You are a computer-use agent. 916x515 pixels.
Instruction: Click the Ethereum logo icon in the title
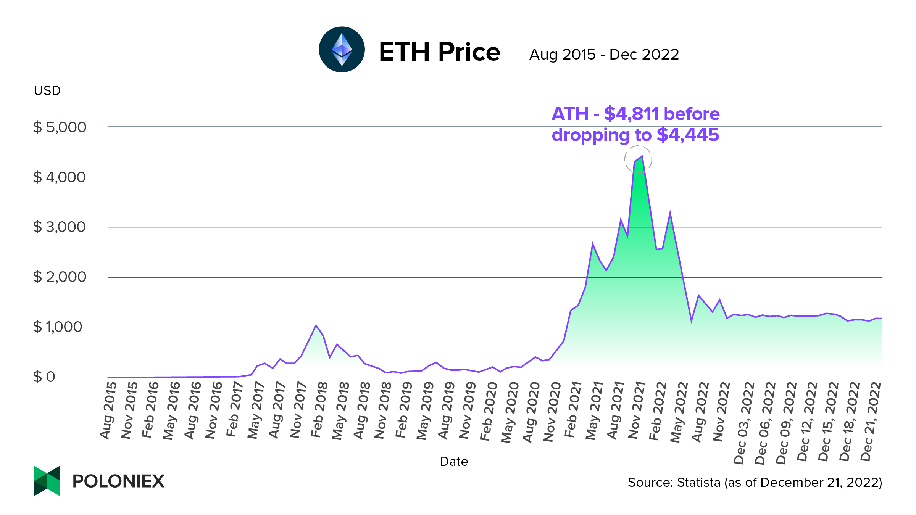tap(342, 50)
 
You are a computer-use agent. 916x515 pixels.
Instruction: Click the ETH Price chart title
tap(439, 52)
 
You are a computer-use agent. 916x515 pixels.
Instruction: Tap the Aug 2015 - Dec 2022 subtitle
tap(604, 55)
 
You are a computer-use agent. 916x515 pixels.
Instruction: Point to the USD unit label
tap(47, 91)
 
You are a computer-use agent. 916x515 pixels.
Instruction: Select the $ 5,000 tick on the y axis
tap(60, 127)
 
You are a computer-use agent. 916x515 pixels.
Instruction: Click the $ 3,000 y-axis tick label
tap(60, 227)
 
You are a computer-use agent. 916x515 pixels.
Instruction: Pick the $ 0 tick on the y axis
tap(44, 377)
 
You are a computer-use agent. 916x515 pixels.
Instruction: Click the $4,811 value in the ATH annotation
tap(631, 114)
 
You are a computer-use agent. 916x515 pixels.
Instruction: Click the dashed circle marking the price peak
tap(638, 159)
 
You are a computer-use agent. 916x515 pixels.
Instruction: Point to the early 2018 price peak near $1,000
tap(316, 326)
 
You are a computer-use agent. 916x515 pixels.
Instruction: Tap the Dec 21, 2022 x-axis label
tap(871, 421)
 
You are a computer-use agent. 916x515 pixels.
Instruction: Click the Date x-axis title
tap(453, 462)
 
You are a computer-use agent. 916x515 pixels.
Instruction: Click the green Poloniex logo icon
tap(47, 481)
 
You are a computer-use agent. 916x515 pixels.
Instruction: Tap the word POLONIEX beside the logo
tap(118, 481)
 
